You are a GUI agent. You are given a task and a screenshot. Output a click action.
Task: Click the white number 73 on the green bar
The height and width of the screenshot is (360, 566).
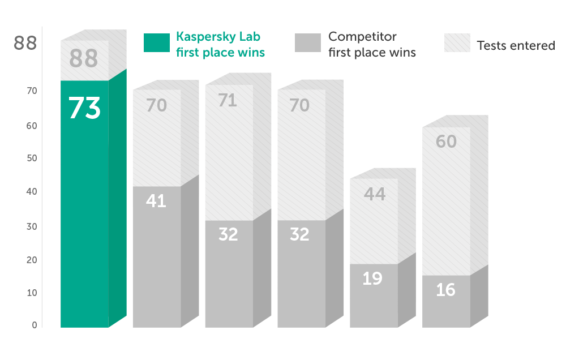(x=84, y=109)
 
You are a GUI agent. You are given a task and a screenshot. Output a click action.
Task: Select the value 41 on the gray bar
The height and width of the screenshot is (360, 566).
(x=156, y=200)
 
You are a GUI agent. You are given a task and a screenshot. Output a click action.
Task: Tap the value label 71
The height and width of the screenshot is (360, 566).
(x=228, y=100)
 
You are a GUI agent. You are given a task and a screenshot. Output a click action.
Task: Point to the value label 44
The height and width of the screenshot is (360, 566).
(x=375, y=194)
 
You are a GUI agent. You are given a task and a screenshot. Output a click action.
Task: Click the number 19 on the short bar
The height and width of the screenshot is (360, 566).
(x=372, y=278)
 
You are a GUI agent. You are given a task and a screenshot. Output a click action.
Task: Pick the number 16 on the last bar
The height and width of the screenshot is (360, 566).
(x=445, y=290)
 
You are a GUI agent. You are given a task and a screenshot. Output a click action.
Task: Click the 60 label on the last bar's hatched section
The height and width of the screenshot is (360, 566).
(x=446, y=142)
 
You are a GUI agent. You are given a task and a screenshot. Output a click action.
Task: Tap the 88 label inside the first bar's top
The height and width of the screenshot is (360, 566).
(x=84, y=59)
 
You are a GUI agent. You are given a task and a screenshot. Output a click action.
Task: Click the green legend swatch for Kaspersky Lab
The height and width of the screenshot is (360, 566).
(x=156, y=44)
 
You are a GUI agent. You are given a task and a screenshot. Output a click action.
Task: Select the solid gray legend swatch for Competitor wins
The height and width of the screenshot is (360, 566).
(x=307, y=44)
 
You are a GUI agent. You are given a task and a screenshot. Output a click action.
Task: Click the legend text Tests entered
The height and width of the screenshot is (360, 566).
(x=515, y=45)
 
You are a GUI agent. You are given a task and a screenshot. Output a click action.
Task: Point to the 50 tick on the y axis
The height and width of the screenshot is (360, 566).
(x=32, y=158)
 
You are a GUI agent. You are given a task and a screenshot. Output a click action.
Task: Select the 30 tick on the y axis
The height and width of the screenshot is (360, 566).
(x=32, y=226)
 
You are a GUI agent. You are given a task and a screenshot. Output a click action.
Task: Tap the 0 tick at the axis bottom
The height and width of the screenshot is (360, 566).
(x=35, y=325)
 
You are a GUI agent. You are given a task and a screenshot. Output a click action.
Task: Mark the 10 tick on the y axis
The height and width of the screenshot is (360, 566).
(x=32, y=293)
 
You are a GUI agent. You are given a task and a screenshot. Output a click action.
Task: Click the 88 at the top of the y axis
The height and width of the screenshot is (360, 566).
(x=25, y=43)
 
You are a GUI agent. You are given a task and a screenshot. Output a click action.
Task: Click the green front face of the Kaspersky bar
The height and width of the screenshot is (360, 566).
(x=84, y=226)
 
